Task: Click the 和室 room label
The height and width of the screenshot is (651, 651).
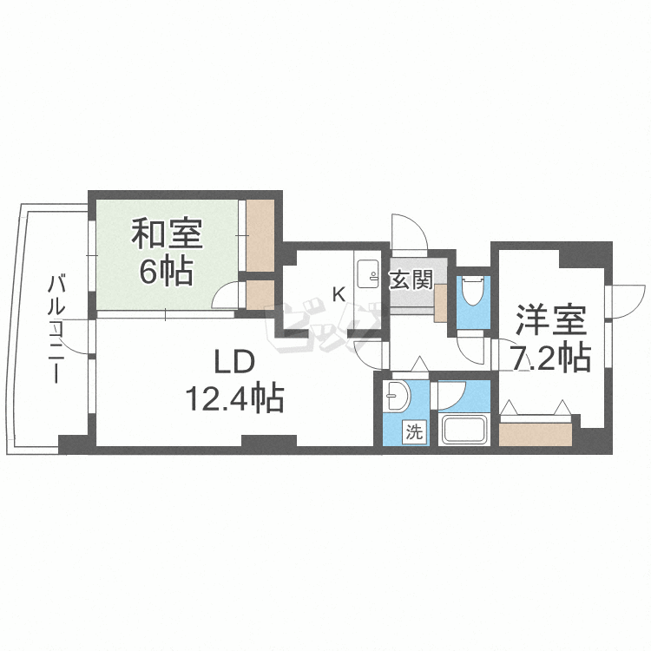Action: [x=167, y=234]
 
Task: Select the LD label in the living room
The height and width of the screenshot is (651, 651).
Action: [x=233, y=362]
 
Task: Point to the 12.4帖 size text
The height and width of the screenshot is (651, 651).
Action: [x=234, y=398]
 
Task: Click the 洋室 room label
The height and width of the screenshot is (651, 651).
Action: [x=551, y=320]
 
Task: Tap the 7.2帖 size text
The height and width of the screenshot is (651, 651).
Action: [x=550, y=357]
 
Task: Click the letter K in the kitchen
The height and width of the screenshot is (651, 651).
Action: [x=339, y=295]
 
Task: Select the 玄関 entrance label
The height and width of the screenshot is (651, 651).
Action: [x=411, y=279]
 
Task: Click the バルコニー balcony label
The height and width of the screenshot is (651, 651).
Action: [x=56, y=329]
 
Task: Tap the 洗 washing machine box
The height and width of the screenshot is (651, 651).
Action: [x=414, y=432]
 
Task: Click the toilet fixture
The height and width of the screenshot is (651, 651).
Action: [x=473, y=292]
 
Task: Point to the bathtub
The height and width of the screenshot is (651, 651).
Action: [x=464, y=430]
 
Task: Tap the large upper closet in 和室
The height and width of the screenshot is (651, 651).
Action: [x=260, y=236]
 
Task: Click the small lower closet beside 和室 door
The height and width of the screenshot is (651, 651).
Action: [x=260, y=294]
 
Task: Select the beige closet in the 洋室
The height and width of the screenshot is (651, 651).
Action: [x=536, y=434]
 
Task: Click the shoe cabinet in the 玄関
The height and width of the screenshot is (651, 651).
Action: [x=440, y=303]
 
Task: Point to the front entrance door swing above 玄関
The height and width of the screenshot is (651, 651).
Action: [x=410, y=233]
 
